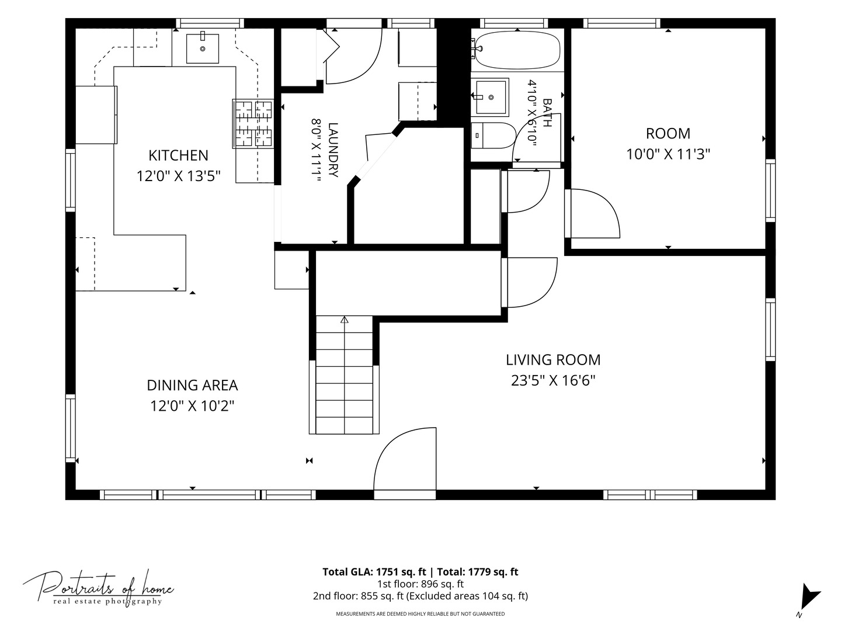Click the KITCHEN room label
coord(178,155)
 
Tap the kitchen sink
coord(202,48)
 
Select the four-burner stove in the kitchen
coord(253,123)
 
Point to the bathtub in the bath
coord(517,50)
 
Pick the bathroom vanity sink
coord(490,98)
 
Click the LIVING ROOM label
coord(553,360)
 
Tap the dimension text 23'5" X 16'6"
coord(553,380)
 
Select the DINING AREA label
coord(192,385)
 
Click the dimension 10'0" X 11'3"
coord(668,154)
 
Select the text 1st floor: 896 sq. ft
coord(420,584)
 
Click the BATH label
coord(547,113)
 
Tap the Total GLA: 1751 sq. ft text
coord(374,572)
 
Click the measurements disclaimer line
coord(420,613)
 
